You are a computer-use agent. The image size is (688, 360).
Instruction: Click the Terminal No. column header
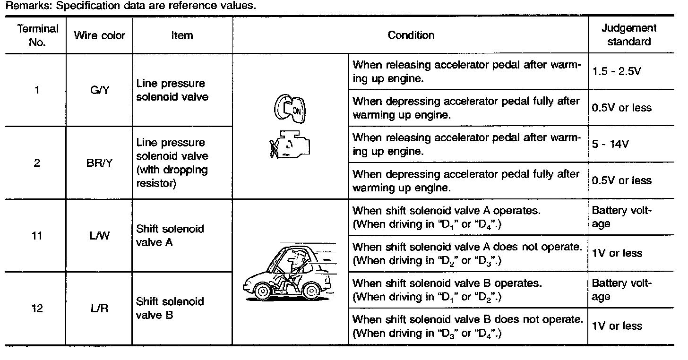37,35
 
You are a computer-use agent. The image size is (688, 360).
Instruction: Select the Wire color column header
100,35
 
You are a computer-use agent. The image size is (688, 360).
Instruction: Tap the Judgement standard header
628,35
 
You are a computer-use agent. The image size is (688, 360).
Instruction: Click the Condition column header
411,35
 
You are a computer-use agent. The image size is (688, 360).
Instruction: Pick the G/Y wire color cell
100,90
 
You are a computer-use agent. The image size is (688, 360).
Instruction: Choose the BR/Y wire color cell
100,163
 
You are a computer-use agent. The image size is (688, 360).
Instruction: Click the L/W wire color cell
100,235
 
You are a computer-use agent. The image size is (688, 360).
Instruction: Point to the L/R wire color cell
100,309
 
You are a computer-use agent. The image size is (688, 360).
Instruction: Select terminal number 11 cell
37,235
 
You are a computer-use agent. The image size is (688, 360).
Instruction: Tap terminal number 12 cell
37,309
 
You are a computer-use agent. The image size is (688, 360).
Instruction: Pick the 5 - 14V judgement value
610,145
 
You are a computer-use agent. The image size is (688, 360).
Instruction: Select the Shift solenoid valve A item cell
170,235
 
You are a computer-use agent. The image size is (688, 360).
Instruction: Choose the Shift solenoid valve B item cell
170,308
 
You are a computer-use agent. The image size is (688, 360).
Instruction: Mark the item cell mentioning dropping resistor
172,163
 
